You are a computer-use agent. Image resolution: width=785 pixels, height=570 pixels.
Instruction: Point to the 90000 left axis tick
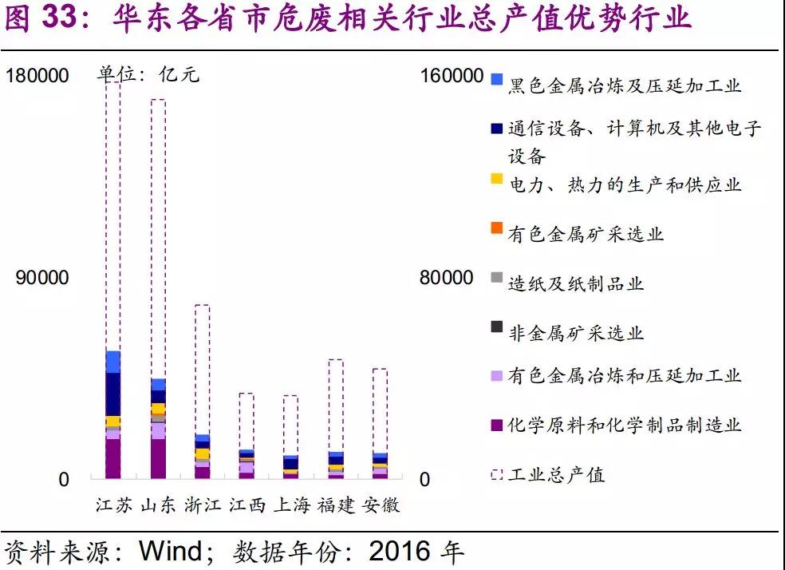point(42,277)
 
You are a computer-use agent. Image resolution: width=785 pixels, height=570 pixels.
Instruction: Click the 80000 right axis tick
point(447,277)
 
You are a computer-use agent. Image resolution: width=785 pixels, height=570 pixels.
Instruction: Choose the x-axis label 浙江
point(202,505)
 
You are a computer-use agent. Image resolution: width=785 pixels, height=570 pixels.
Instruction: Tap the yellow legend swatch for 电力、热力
point(496,179)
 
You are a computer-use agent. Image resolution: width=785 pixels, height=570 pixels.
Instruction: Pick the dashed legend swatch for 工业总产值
point(496,473)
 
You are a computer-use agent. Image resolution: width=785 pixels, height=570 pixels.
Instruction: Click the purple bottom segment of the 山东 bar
point(158,458)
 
